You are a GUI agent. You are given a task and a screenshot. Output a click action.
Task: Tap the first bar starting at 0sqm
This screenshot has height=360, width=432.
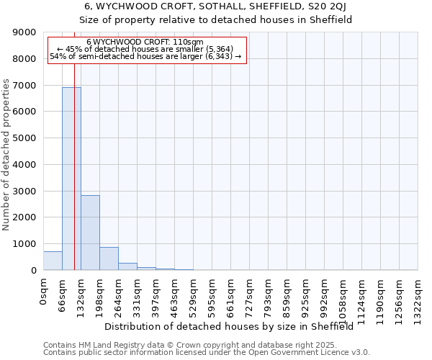pos(53,261)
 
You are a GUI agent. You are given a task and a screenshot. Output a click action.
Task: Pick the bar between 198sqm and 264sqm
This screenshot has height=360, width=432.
pos(109,258)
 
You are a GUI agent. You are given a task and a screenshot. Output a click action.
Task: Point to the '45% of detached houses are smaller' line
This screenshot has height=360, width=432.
pos(144,50)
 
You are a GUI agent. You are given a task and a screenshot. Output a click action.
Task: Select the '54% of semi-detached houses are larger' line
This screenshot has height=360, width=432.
pos(146,57)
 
